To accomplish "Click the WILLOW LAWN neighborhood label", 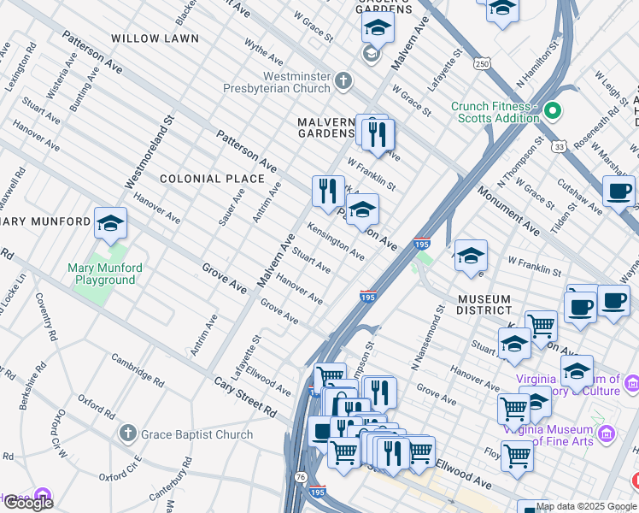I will [x=154, y=38].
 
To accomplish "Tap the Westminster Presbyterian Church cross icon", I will [x=343, y=82].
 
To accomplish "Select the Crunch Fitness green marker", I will [x=553, y=111].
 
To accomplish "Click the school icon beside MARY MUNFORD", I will [x=110, y=224].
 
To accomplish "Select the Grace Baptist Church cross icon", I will [x=127, y=434].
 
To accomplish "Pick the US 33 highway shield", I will [x=558, y=147].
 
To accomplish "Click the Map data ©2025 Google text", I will [x=586, y=506].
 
